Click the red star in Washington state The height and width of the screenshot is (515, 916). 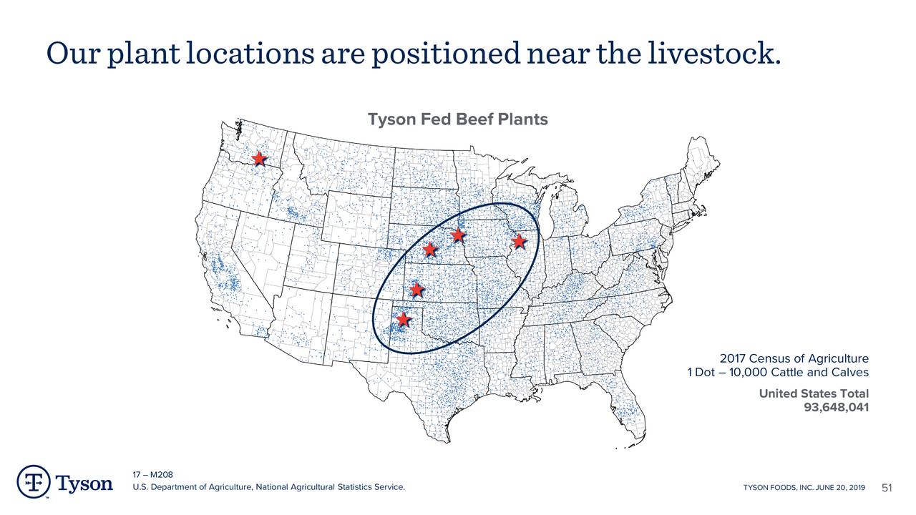coord(259,159)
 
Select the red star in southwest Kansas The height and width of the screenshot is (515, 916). coord(416,290)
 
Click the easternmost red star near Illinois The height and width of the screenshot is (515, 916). coord(520,241)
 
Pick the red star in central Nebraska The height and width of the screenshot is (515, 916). coord(429,249)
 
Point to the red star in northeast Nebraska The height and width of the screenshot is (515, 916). coord(458,235)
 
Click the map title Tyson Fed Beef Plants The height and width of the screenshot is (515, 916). coord(457,119)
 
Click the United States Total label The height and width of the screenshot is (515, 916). coord(813,393)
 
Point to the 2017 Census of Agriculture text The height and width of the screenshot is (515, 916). coord(794,358)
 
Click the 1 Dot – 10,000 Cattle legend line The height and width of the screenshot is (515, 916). coord(777,373)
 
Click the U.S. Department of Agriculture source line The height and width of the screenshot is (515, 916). coord(268,488)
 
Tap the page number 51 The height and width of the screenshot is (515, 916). coord(887,488)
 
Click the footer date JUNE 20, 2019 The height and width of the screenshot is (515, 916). coord(838,488)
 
